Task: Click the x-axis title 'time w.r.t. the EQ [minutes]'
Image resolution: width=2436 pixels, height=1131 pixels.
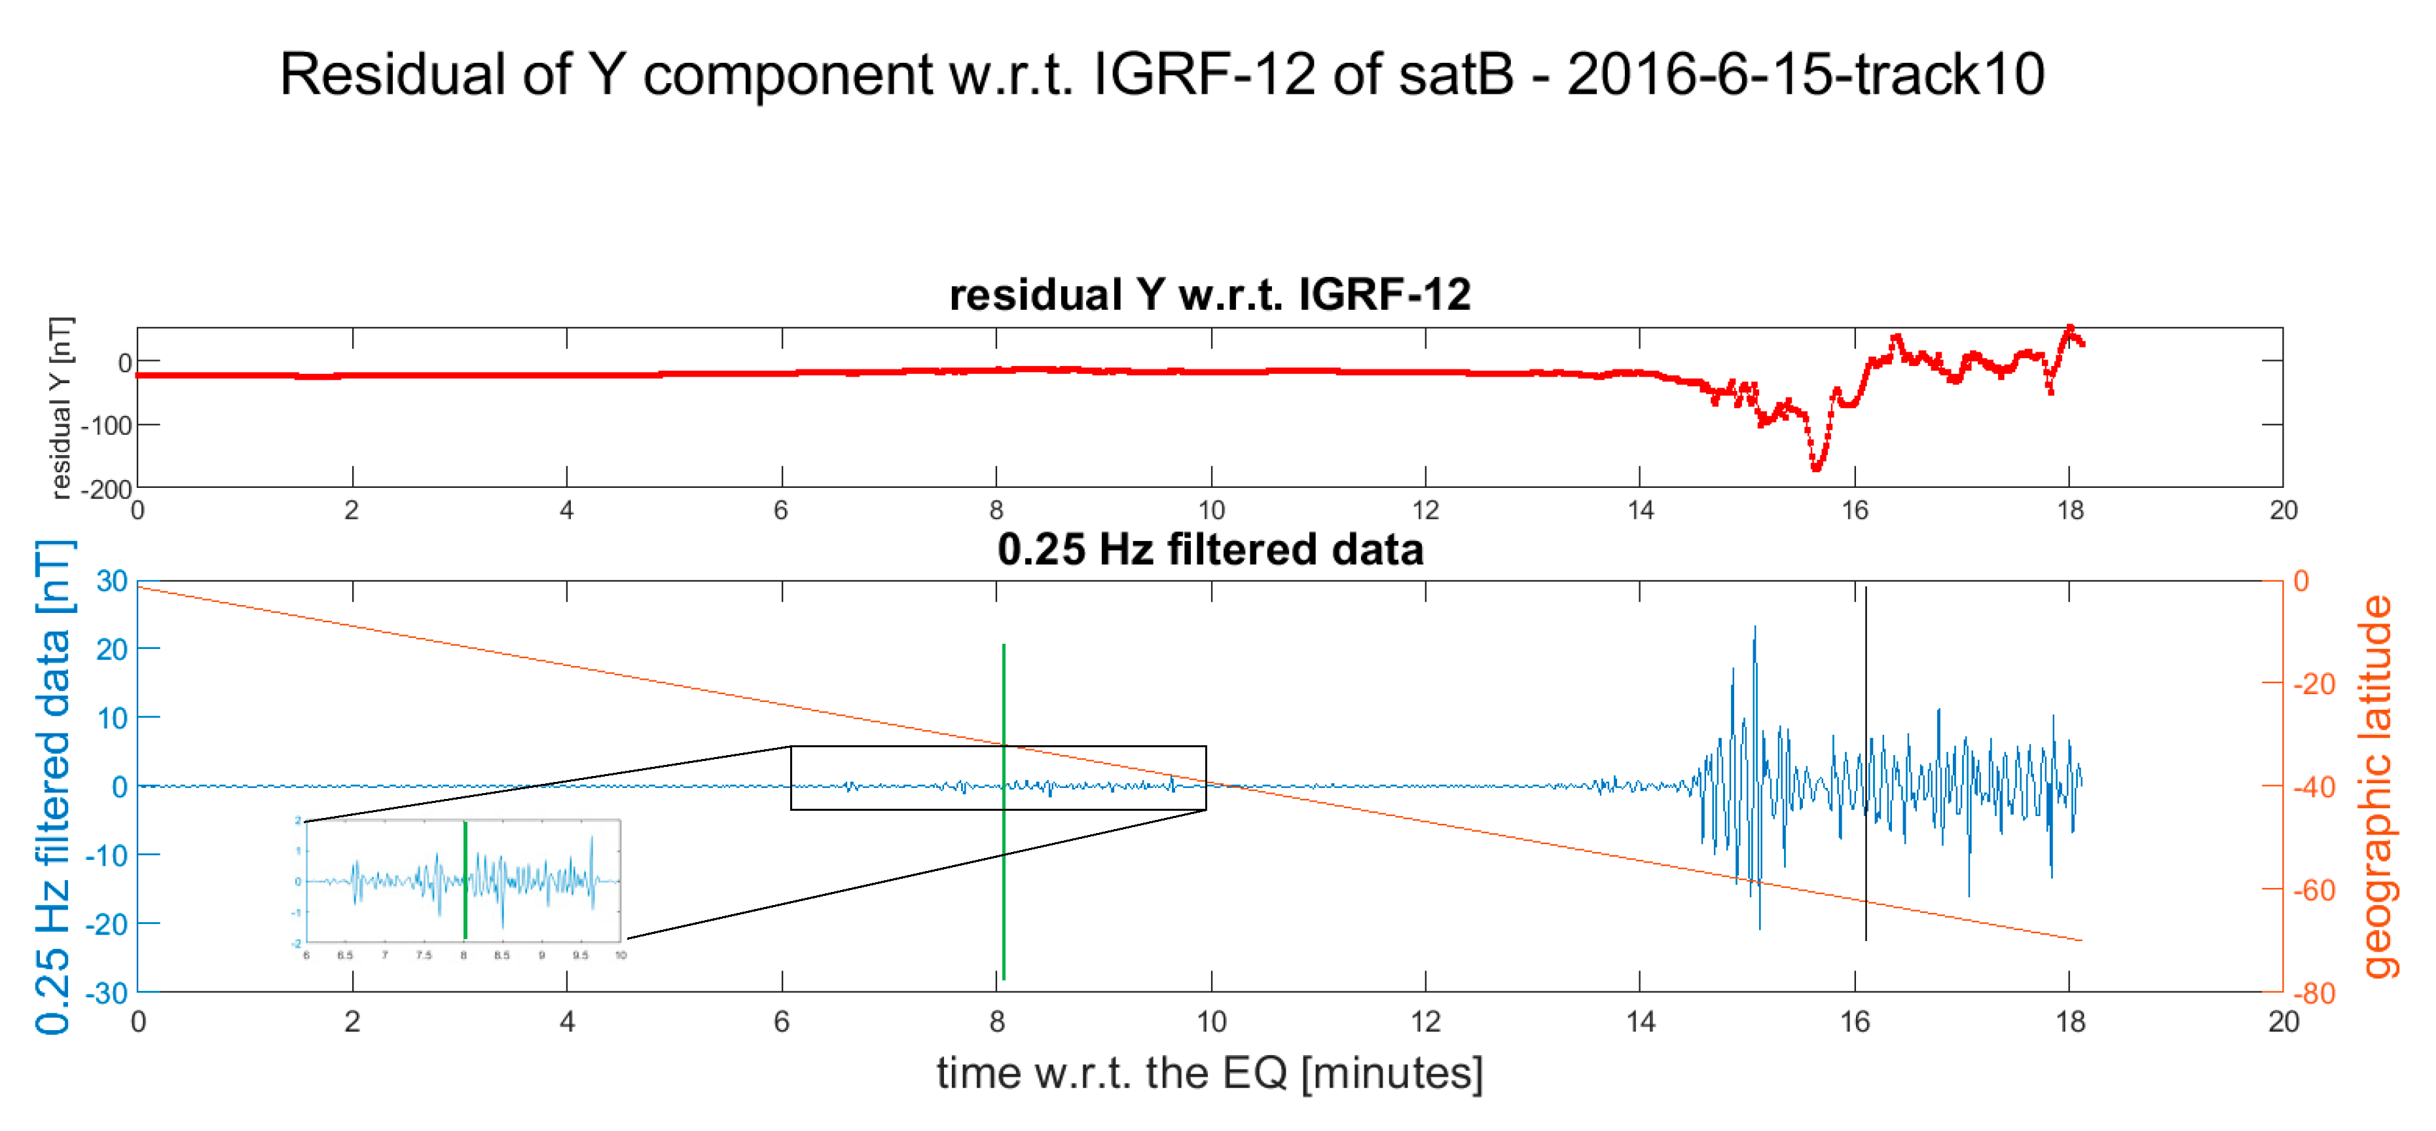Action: point(1209,1072)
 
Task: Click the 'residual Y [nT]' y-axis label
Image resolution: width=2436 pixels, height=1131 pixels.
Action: point(60,407)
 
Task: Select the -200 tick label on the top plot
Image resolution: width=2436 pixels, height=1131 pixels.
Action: point(106,490)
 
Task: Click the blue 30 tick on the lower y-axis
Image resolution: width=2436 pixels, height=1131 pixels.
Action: point(111,581)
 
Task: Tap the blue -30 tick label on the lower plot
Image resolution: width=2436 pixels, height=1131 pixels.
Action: point(106,993)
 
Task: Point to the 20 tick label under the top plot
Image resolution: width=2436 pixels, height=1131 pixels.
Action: point(2283,511)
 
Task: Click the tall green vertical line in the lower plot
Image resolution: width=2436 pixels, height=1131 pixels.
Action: point(1004,813)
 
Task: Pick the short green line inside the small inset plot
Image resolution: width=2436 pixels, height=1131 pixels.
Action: point(465,880)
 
